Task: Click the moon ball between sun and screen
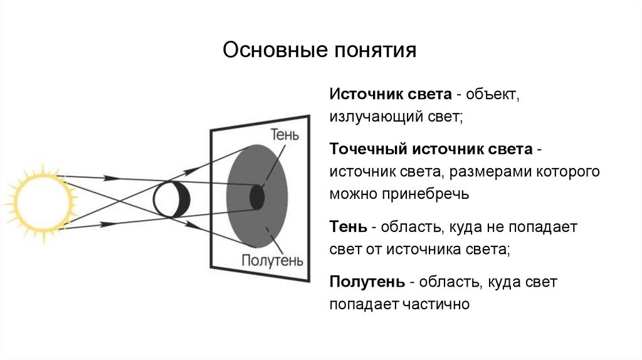pyautogui.click(x=171, y=199)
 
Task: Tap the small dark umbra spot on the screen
pyautogui.click(x=257, y=197)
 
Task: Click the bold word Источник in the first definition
pyautogui.click(x=360, y=95)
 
